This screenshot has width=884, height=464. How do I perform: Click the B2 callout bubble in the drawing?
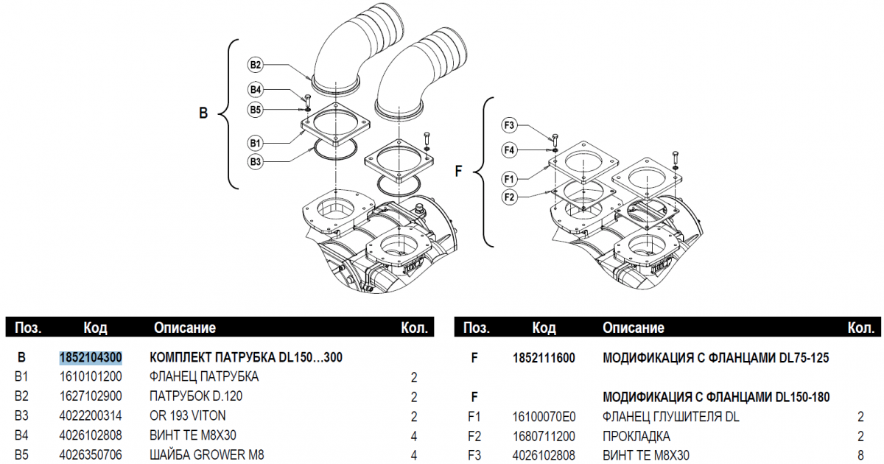pyautogui.click(x=255, y=65)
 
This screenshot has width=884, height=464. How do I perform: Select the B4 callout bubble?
pyautogui.click(x=255, y=90)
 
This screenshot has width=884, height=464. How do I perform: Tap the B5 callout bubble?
pyautogui.click(x=255, y=110)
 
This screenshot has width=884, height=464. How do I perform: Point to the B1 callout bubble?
pyautogui.click(x=255, y=141)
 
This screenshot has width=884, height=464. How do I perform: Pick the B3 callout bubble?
pyautogui.click(x=255, y=161)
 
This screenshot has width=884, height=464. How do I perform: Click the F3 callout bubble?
pyautogui.click(x=509, y=124)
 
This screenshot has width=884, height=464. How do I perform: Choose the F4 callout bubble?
pyautogui.click(x=509, y=150)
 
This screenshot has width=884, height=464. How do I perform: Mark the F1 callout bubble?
pyautogui.click(x=509, y=178)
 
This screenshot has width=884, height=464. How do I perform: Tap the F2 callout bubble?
pyautogui.click(x=509, y=197)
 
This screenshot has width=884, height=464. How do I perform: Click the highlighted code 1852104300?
pyautogui.click(x=91, y=358)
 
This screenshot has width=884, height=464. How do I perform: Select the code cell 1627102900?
pyautogui.click(x=91, y=396)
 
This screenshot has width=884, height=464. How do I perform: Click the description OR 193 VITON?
pyautogui.click(x=188, y=415)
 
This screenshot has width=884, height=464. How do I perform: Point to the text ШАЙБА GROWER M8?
pyautogui.click(x=207, y=454)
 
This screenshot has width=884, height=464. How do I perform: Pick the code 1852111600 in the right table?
pyautogui.click(x=544, y=358)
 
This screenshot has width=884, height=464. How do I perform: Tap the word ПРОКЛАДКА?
pyautogui.click(x=636, y=435)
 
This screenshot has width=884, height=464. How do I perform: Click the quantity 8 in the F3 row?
pyautogui.click(x=860, y=454)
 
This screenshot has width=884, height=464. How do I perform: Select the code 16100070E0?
pyautogui.click(x=544, y=416)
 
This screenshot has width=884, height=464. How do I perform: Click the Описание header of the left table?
pyautogui.click(x=184, y=327)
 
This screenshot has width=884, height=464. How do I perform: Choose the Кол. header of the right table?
pyautogui.click(x=860, y=327)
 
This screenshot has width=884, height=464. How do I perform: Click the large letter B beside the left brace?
pyautogui.click(x=204, y=113)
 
